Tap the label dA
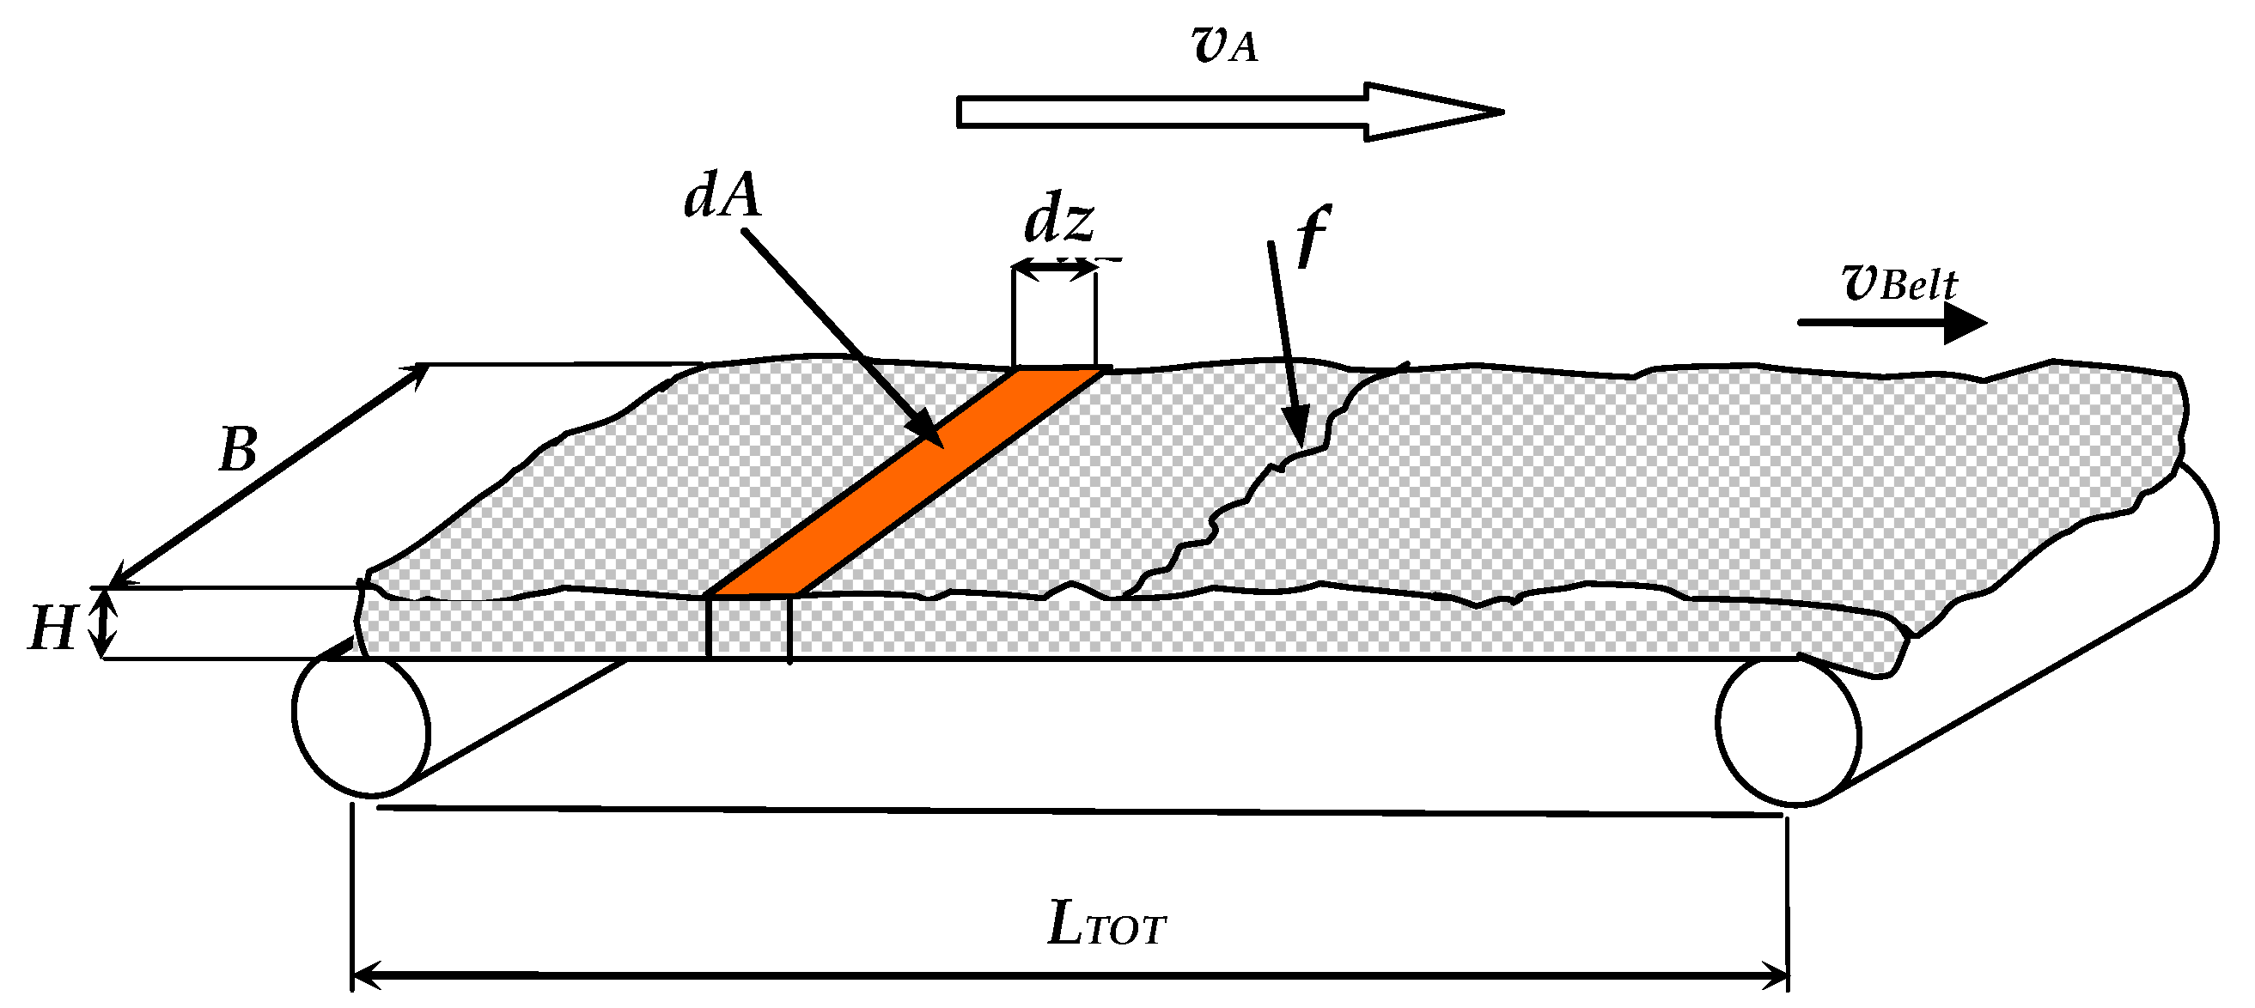pyautogui.click(x=722, y=195)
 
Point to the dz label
pyautogui.click(x=1058, y=221)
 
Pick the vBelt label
pyautogui.click(x=1899, y=283)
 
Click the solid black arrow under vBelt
pyautogui.click(x=1891, y=323)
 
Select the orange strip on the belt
pyautogui.click(x=906, y=483)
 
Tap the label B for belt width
pyautogui.click(x=237, y=451)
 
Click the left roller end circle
pyautogui.click(x=362, y=726)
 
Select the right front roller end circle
pyautogui.click(x=1788, y=731)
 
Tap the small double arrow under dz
pyautogui.click(x=1054, y=270)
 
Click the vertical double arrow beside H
pyautogui.click(x=105, y=622)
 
